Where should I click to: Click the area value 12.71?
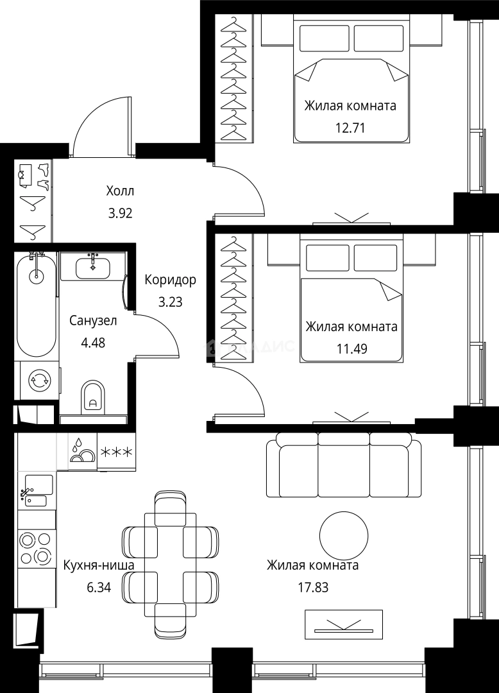coord(350,128)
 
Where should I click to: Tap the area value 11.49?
coord(352,348)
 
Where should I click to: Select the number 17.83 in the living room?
coord(313,587)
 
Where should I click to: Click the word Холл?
coord(120,191)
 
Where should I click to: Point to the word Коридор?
coord(171,280)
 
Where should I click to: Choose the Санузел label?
coord(93,320)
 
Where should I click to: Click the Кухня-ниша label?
coord(99,565)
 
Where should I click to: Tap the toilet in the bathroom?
coord(94,397)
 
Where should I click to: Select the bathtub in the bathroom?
coord(37,305)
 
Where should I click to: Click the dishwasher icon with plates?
coord(83,452)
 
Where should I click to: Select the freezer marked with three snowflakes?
coord(116,452)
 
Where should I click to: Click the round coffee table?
coord(344,536)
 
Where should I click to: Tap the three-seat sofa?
coord(344,465)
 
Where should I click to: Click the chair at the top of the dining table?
coord(171,508)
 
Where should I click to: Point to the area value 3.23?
coord(171,302)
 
